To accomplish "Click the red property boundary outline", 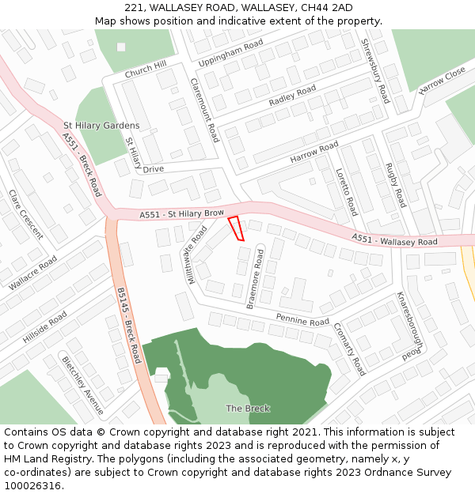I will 236,228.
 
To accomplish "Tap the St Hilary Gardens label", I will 101,126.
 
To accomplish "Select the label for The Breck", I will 248,409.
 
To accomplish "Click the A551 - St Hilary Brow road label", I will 182,214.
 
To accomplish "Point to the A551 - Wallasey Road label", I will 394,239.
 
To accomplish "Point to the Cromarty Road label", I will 349,349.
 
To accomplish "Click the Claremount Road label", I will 203,110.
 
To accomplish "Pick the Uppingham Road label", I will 230,54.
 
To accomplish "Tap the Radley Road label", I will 292,96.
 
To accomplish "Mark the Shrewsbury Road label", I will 374,71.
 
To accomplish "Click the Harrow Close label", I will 443,81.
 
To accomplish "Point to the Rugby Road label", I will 395,186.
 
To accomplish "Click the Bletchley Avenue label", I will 83,385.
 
